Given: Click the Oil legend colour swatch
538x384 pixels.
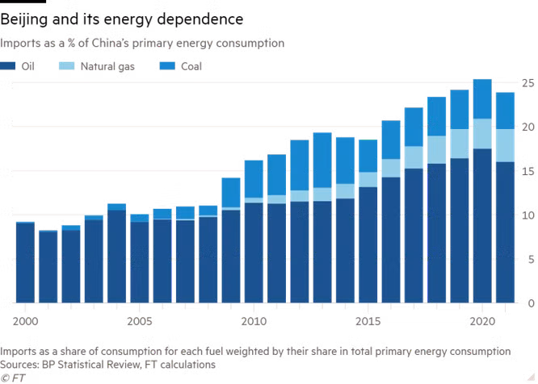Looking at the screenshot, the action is (x=7, y=66).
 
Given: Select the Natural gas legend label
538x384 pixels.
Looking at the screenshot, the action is (x=107, y=66).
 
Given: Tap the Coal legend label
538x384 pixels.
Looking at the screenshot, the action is (x=191, y=66).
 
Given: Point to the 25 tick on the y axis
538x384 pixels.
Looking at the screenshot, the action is (x=528, y=83).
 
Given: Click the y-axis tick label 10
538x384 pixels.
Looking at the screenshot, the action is (x=528, y=215).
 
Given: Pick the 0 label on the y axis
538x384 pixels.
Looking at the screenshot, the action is (x=532, y=303).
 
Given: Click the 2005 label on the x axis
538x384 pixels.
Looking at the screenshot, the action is (x=139, y=321).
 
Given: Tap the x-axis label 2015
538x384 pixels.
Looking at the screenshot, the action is (x=368, y=321).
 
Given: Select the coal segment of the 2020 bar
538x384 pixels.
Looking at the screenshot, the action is (x=482, y=99).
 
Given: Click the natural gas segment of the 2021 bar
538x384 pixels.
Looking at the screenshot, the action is (x=505, y=145).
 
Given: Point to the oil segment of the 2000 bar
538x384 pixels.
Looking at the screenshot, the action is (x=25, y=263).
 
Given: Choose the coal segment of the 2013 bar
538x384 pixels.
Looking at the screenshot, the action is (x=322, y=161).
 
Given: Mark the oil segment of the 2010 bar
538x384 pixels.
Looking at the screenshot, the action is (x=254, y=253).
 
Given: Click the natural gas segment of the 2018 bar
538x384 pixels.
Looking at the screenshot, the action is (x=436, y=150).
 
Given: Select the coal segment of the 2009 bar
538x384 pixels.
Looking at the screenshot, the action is (x=231, y=193).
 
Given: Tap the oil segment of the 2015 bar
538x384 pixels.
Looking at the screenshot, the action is (x=368, y=245).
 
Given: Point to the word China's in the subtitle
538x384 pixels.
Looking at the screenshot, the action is (x=110, y=44).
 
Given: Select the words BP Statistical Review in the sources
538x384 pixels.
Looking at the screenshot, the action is (x=90, y=365).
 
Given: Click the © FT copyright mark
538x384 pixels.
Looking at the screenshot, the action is (x=13, y=378).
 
